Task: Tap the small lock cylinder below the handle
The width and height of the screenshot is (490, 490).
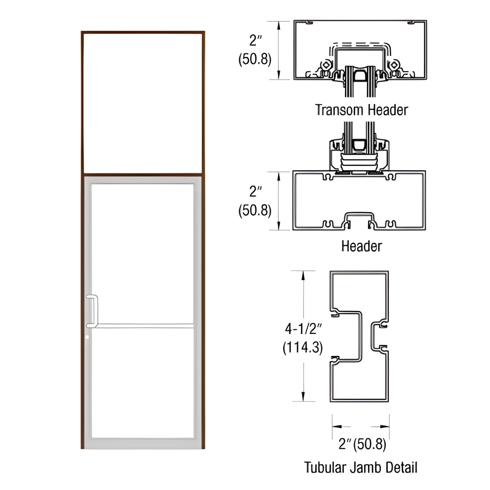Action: pyautogui.click(x=88, y=337)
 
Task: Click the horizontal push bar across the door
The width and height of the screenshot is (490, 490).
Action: pyautogui.click(x=142, y=326)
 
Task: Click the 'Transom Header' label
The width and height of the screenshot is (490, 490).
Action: pyautogui.click(x=361, y=110)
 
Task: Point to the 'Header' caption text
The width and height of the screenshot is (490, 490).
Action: pyautogui.click(x=361, y=246)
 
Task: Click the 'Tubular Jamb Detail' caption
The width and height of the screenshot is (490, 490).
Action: pyautogui.click(x=360, y=467)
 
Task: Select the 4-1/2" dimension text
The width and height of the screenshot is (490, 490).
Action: pyautogui.click(x=303, y=328)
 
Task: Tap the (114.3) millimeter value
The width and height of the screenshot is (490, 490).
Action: pyautogui.click(x=303, y=348)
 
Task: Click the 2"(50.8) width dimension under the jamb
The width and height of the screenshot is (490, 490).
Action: pyautogui.click(x=362, y=444)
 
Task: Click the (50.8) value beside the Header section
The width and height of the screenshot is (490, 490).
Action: pyautogui.click(x=255, y=211)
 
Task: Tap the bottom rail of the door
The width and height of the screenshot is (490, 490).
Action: pyautogui.click(x=142, y=444)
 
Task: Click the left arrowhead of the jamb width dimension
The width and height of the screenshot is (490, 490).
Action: pyautogui.click(x=336, y=426)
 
